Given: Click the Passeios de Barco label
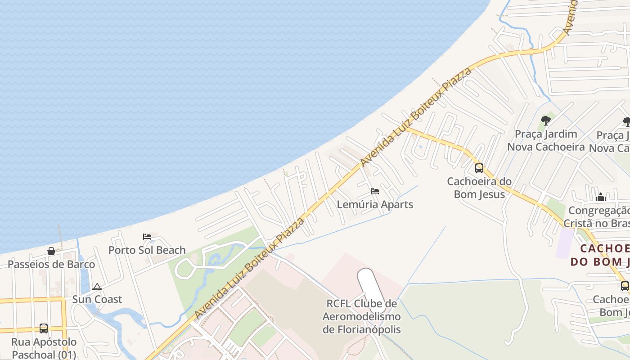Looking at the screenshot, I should tap(51, 264).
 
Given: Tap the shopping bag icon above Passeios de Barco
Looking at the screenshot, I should tap(51, 251).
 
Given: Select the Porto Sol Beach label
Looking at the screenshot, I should tap(147, 250).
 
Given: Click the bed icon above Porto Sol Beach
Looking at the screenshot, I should tap(147, 237).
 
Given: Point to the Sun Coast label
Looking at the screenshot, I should tap(97, 299).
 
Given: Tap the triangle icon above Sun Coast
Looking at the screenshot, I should tap(97, 287).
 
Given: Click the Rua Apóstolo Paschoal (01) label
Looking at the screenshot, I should tap(44, 348).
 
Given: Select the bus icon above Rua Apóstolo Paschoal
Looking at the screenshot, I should tap(44, 328).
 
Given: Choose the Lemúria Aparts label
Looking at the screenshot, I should tap(375, 204).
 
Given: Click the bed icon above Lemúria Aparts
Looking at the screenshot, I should tap(375, 191).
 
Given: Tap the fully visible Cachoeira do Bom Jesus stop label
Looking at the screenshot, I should tap(479, 188).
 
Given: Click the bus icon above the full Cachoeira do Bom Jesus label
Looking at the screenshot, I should tap(479, 168).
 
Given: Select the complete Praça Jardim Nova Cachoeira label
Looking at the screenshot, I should tap(546, 140).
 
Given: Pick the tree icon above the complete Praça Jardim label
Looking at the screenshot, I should tap(546, 120).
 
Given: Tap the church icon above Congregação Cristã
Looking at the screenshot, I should tap(601, 197).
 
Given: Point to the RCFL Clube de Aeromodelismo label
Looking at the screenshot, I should tap(361, 316).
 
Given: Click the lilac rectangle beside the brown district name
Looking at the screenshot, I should tap(565, 243).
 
